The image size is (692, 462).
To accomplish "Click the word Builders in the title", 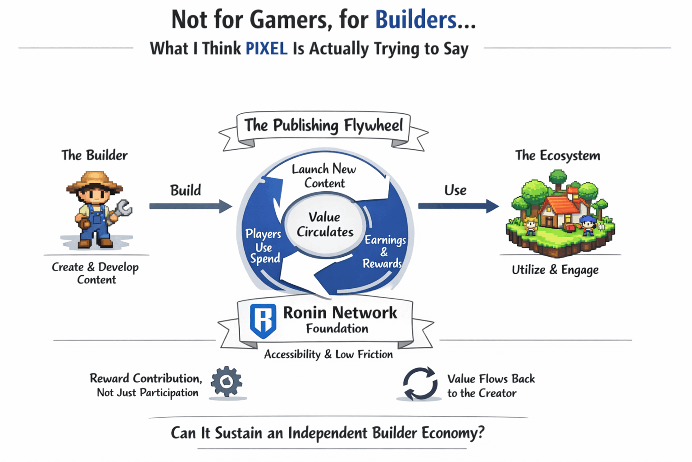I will pos(415,19).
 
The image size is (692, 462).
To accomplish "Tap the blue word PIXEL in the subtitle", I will pos(266,48).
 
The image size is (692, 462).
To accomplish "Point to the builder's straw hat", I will pos(94,180).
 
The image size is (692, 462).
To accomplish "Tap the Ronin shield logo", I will pos(263,321).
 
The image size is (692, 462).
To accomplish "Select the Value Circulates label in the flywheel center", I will pos(324,225).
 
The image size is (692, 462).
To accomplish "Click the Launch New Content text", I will pos(324,176).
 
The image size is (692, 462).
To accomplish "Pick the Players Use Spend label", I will pos(263,246).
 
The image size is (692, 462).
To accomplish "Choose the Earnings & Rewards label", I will pos(384,252).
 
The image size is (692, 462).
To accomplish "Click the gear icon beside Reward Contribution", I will pos(227,382).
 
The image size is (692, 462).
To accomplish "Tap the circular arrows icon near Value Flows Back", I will pos(420,384).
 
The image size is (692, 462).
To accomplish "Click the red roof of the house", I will pos(561,205).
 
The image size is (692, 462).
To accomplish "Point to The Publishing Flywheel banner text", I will pos(323,125).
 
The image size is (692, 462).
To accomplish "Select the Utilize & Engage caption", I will pos(555,270).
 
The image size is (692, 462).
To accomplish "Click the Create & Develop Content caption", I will pos(96,273).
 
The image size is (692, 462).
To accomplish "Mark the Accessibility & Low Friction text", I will pos(328,355).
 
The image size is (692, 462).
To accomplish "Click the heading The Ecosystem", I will pos(557,156).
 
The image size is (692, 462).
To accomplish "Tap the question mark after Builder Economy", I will pos(481,433).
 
